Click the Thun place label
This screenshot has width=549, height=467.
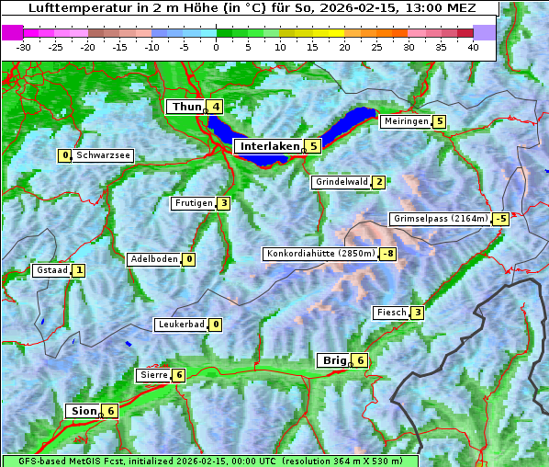click(186, 107)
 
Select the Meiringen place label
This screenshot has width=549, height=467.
click(406, 121)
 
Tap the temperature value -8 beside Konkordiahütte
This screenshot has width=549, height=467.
click(388, 254)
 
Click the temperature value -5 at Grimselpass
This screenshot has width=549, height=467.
click(500, 219)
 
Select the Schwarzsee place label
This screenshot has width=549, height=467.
click(104, 155)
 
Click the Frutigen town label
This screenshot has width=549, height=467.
click(193, 203)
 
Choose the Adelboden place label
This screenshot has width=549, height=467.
click(153, 259)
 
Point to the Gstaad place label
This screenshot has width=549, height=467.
click(51, 270)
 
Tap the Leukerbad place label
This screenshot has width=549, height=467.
click(180, 325)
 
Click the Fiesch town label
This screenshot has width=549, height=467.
click(391, 313)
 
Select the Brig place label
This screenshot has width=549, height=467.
click(333, 360)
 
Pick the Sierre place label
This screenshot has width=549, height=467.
click(152, 375)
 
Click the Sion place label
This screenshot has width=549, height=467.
click(83, 411)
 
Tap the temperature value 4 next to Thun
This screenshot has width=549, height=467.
click(216, 107)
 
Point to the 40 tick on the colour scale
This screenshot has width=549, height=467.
click(473, 47)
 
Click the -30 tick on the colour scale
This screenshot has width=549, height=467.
click(24, 47)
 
